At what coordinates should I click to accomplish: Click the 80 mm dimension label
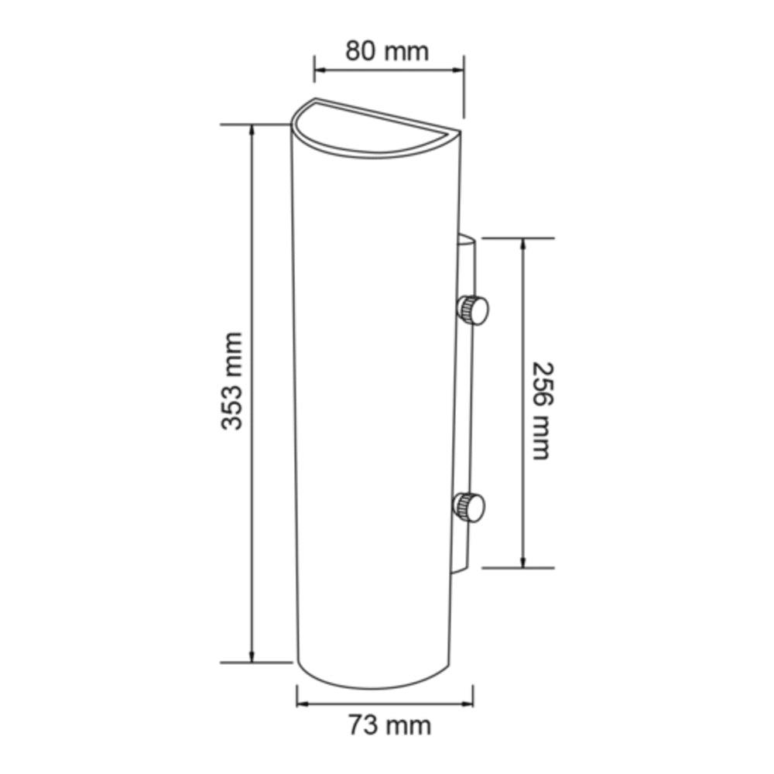(x=386, y=52)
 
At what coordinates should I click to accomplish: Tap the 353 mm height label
(x=231, y=381)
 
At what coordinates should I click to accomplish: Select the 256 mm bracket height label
(x=540, y=410)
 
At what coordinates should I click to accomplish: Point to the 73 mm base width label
(x=389, y=726)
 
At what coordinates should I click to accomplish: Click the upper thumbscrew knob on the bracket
(x=472, y=310)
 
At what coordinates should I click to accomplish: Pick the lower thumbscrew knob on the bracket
(x=469, y=507)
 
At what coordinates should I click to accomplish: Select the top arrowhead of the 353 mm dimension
(x=252, y=130)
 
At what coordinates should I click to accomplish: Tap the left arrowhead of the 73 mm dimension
(x=303, y=704)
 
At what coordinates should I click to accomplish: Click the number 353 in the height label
(x=231, y=404)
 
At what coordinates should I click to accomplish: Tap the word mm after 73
(x=409, y=726)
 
